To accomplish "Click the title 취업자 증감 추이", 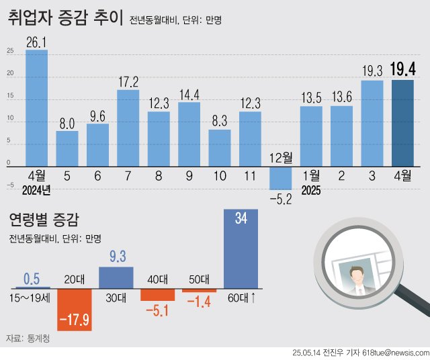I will pos(65,18).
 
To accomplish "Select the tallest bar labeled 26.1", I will pos(36,107).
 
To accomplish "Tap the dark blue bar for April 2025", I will pos(402,122).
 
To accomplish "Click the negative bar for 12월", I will pos(280,177).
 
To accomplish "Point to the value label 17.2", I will pos(128,82).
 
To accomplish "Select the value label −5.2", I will pos(281,199).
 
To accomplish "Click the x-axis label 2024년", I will pos(36,191).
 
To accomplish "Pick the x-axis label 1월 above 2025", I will pos(311,177).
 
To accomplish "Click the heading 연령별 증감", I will pos(43,219).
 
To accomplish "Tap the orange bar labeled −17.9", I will pos(74,310).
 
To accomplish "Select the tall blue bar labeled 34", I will pos(240,249).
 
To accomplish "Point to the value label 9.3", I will pos(116,257).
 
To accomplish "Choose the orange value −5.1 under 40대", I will pos(157,310).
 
